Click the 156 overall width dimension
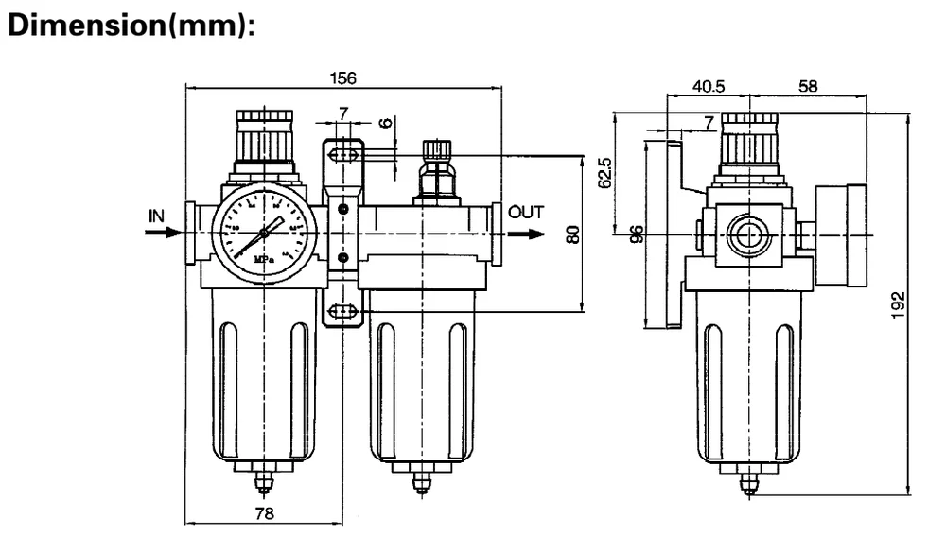342,79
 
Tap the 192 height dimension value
901,305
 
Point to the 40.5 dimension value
708,86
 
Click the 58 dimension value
808,86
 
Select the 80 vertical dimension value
571,234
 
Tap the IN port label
157,215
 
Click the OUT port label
526,212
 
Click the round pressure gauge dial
261,230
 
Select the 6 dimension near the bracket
385,123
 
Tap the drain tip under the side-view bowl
749,485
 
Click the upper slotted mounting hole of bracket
342,154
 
